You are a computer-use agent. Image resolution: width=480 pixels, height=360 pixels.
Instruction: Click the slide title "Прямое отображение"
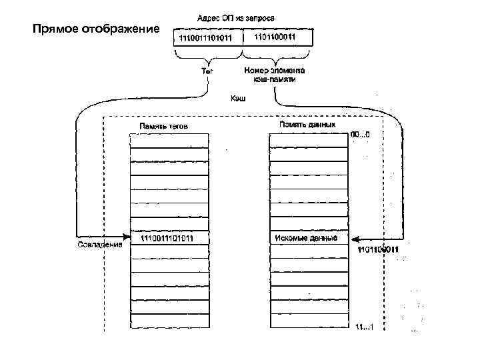96,29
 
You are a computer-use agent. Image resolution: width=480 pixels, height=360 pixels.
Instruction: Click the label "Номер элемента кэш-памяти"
275,73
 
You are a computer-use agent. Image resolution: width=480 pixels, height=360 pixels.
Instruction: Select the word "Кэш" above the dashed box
238,98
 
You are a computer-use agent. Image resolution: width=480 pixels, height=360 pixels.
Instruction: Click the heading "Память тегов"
168,125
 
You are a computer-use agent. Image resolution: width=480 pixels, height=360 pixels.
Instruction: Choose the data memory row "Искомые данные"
307,238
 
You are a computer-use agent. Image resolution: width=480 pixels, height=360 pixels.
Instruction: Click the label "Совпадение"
99,244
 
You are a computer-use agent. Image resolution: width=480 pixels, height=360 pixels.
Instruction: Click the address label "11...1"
365,327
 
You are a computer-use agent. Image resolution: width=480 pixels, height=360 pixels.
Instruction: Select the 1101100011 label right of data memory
378,249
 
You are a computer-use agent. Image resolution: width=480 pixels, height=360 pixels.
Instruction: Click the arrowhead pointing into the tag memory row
126,235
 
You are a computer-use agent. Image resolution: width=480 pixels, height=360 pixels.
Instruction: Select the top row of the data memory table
307,140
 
